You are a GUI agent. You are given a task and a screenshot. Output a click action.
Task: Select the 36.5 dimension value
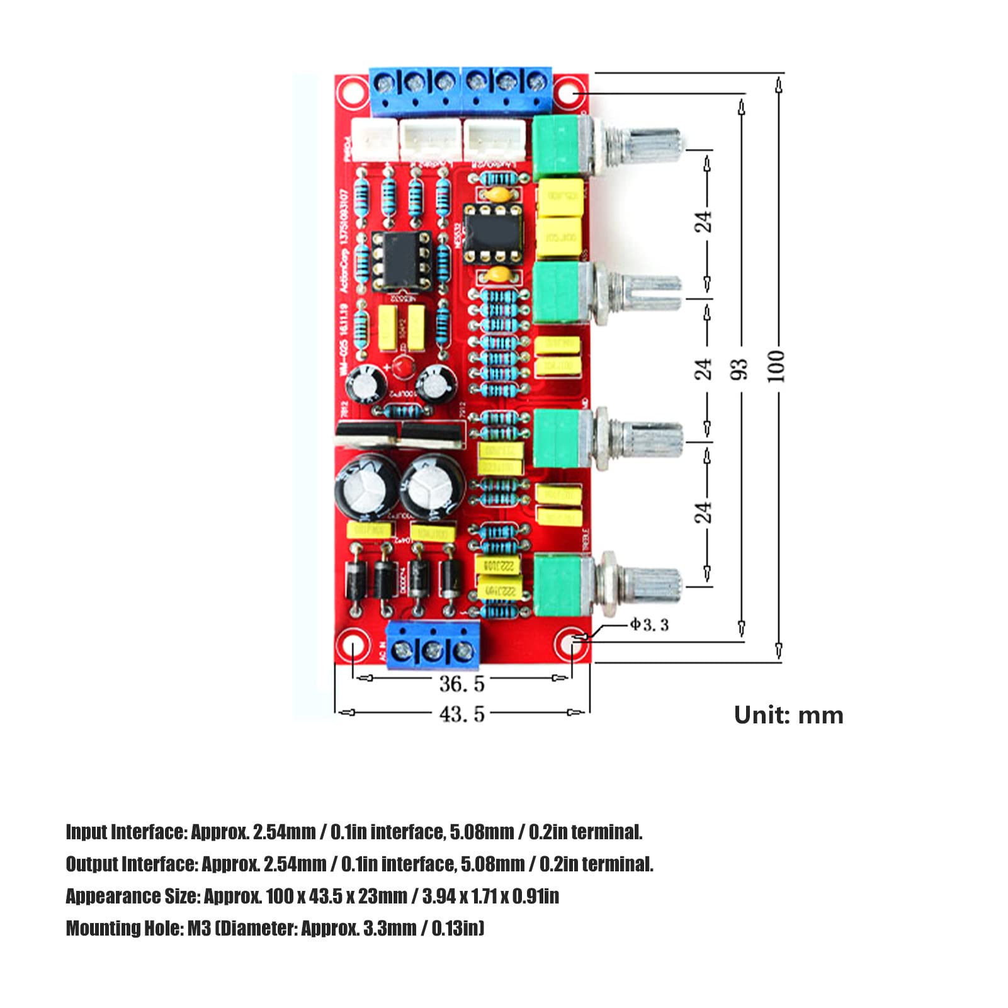click(x=462, y=683)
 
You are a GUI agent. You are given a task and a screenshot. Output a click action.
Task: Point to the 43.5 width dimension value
click(x=462, y=714)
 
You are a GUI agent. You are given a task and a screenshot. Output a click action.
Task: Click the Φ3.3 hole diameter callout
click(x=649, y=625)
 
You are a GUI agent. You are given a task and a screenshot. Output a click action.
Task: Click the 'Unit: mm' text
click(x=788, y=715)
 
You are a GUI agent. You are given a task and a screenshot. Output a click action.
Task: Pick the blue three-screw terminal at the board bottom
click(x=433, y=645)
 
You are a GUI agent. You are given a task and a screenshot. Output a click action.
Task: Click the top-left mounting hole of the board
click(x=351, y=92)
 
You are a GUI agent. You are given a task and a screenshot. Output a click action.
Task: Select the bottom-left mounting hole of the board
click(x=351, y=647)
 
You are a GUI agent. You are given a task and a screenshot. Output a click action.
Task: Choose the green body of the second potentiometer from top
click(x=556, y=293)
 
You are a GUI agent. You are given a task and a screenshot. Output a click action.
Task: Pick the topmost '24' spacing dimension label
click(x=703, y=221)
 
